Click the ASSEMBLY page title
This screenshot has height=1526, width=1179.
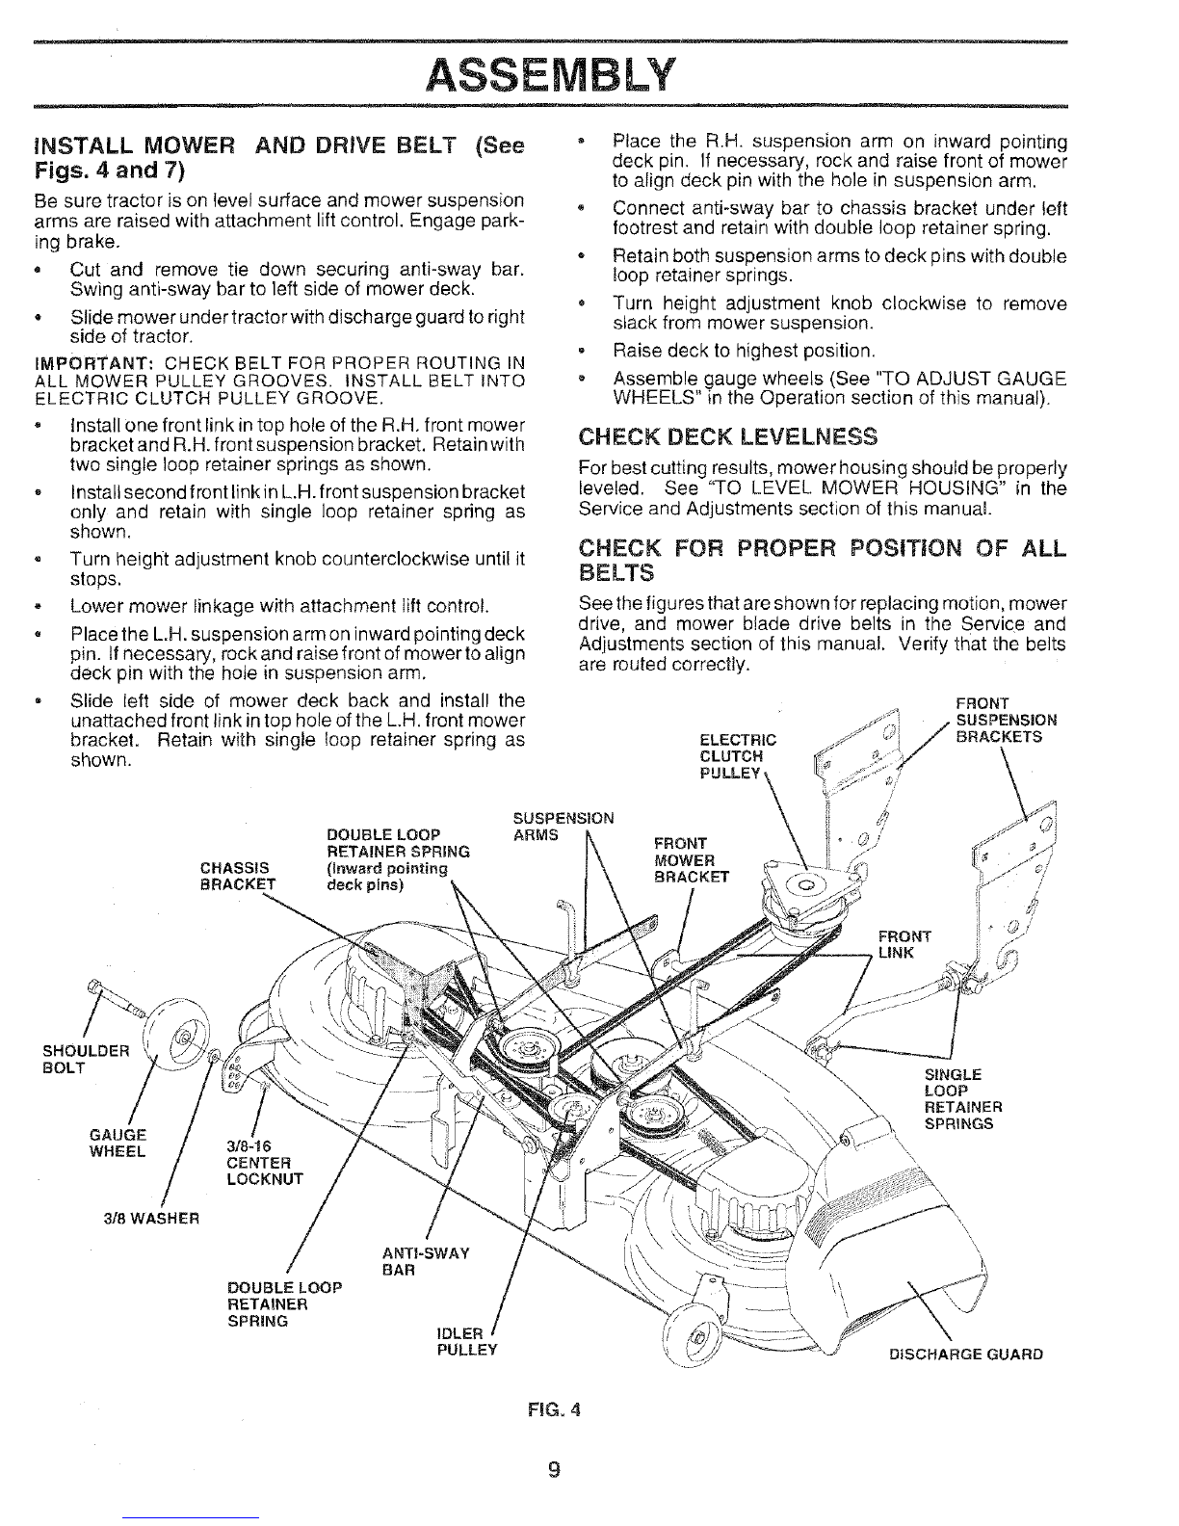point(551,75)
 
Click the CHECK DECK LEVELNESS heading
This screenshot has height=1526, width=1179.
point(727,436)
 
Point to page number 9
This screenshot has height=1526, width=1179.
point(554,1468)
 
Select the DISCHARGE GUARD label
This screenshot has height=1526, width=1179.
point(965,1354)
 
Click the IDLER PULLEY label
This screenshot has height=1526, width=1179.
point(467,1341)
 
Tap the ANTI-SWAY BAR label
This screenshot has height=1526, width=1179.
point(426,1261)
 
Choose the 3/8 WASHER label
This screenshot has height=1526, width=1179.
point(151,1219)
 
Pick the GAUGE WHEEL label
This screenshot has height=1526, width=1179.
point(118,1143)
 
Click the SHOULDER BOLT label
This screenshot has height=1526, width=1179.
point(86,1059)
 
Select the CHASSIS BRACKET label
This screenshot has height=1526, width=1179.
point(237,876)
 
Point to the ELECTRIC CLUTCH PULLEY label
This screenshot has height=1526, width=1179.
point(738,756)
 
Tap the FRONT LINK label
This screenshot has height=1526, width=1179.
point(904,944)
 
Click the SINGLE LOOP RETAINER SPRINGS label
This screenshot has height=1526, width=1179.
point(962,1099)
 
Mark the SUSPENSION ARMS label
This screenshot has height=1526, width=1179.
point(563,826)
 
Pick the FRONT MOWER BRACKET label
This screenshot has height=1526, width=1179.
point(692,859)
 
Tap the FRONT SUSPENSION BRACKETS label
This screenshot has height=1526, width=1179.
point(1007,720)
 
